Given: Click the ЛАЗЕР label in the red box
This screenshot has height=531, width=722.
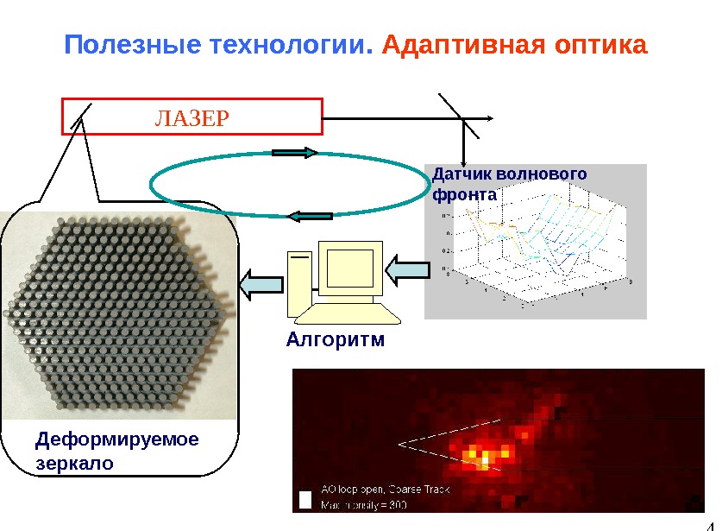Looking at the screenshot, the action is [x=191, y=117].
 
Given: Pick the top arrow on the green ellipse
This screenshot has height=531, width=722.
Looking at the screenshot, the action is [x=294, y=153].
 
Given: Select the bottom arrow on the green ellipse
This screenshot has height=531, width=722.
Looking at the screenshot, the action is [x=308, y=216].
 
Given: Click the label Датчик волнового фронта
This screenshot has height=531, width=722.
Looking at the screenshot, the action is [x=508, y=184].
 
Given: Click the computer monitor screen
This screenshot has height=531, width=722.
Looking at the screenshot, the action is [x=350, y=267].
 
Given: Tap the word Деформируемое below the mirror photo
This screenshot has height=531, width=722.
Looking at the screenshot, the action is [x=116, y=440].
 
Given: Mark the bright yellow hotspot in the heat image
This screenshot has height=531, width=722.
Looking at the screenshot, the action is [x=484, y=455].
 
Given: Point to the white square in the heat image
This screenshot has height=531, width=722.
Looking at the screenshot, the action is [x=304, y=500].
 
